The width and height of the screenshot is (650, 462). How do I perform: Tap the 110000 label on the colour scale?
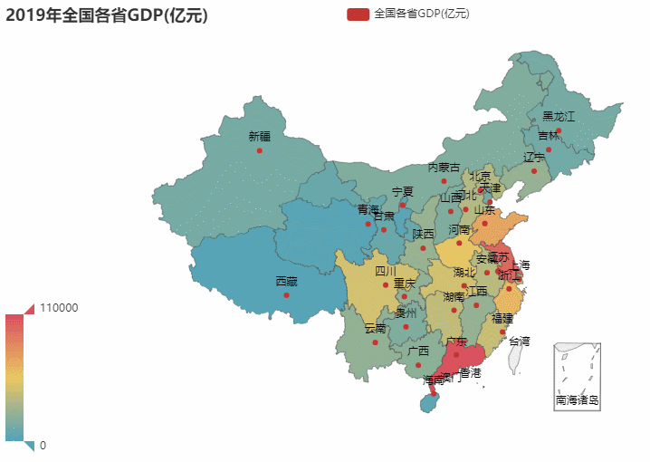(60, 308)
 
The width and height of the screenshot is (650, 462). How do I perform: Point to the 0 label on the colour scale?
(43, 445)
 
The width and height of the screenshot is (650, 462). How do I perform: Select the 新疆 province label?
(259, 137)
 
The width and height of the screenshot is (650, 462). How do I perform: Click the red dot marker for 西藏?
(286, 294)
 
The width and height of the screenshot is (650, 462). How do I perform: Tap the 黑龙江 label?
(559, 117)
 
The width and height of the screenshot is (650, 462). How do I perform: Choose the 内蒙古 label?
(444, 168)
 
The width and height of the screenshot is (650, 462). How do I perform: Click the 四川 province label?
(386, 271)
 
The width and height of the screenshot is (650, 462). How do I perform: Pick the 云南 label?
(375, 328)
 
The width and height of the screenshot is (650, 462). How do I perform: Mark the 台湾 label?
(519, 342)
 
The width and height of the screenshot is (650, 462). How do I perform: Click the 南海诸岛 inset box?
(577, 377)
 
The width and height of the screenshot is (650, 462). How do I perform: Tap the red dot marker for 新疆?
(259, 150)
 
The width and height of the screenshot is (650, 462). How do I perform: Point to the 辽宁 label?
(534, 157)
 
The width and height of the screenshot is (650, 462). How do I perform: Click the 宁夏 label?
(402, 192)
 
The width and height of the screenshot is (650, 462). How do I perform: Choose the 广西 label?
(418, 351)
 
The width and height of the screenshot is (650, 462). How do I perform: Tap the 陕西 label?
(423, 234)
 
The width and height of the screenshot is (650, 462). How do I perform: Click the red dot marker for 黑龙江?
(559, 130)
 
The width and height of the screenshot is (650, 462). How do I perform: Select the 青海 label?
(368, 209)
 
